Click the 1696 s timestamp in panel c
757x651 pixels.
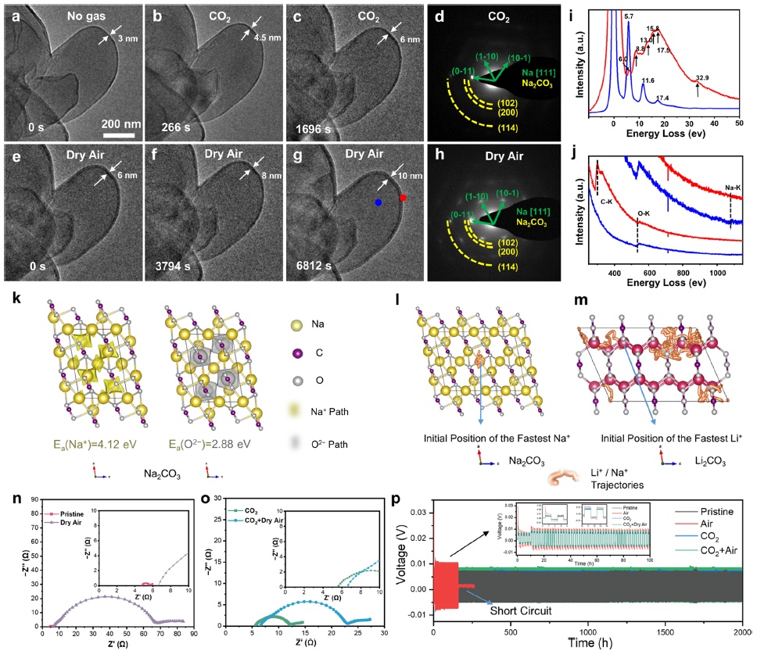click(307, 125)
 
